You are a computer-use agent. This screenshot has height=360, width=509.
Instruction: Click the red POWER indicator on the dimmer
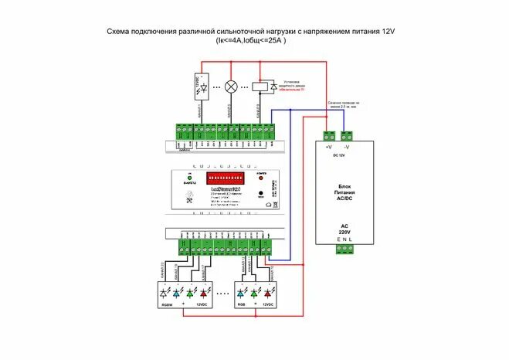tap(261, 177)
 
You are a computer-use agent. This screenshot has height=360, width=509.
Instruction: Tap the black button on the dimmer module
tap(261, 192)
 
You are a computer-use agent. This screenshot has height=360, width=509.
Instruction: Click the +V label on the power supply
tap(328, 145)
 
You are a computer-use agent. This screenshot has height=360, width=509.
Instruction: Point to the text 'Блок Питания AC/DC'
tap(344, 192)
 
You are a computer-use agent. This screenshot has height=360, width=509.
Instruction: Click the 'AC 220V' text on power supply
tap(344, 229)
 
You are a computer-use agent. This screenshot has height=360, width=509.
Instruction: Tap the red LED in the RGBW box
tap(204, 294)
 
